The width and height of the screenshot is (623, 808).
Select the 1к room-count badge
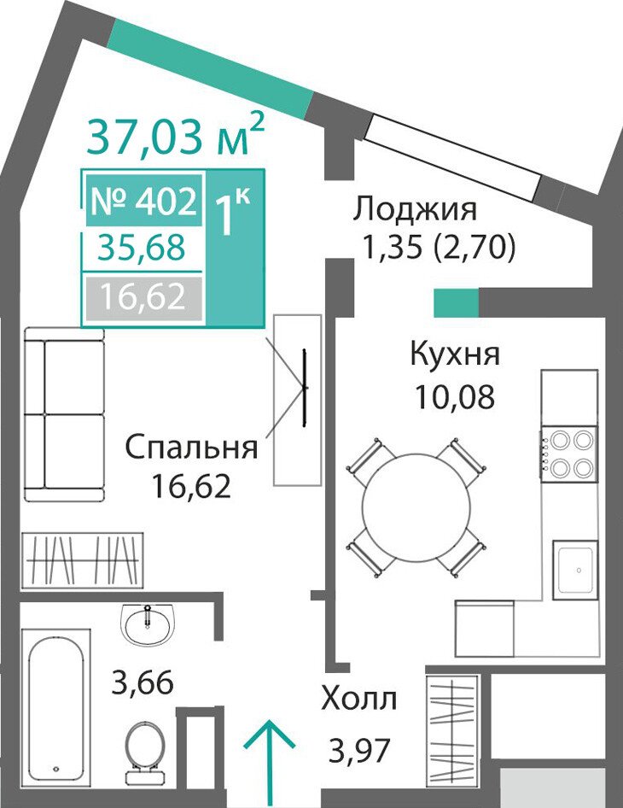232,213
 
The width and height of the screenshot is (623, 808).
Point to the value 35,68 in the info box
142,247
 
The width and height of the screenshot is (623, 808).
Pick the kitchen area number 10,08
455,396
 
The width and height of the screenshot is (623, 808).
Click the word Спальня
191,448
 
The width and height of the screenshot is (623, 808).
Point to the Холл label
359,700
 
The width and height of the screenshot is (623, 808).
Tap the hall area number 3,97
359,750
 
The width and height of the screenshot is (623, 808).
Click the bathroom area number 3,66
143,682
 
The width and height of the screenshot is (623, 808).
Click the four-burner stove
569,454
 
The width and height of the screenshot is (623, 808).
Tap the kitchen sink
575,570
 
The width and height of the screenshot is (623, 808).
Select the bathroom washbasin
148,624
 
